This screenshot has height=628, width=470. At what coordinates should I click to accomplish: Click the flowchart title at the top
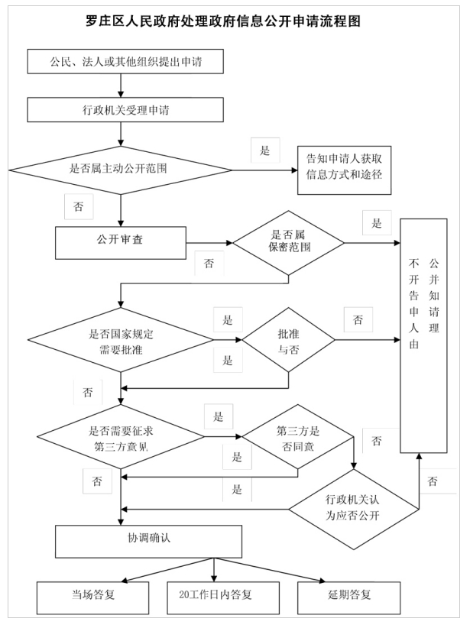coord(223,21)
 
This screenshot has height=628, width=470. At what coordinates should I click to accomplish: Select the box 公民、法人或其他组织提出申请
coord(125,61)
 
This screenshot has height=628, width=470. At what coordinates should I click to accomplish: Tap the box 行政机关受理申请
coord(125,110)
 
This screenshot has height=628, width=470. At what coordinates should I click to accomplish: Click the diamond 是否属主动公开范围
coord(121,170)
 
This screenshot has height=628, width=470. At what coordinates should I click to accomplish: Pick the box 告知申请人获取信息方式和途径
coord(344,170)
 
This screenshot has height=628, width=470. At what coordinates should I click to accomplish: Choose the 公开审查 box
coord(121,243)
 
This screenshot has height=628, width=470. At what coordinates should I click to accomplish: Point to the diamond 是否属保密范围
coord(288,243)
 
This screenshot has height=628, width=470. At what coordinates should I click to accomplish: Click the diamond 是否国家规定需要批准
coord(121,340)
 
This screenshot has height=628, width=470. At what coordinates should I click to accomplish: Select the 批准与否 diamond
coord(288,340)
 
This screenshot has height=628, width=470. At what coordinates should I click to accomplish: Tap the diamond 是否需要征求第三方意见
coord(121,436)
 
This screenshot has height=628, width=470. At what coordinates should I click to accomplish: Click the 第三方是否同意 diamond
coord(298,436)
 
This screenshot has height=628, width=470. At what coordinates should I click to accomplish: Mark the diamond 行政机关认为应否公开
coord(354,509)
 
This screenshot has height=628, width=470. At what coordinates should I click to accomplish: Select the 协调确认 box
coord(149,542)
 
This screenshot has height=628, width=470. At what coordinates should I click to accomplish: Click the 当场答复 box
coord(93,598)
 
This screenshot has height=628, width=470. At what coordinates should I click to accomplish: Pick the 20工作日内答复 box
coord(223,598)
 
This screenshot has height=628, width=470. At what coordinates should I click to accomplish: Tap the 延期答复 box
coord(349,598)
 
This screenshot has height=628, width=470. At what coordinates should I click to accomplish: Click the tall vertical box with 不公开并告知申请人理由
coord(423,335)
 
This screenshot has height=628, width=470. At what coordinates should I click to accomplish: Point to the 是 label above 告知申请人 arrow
coord(265,151)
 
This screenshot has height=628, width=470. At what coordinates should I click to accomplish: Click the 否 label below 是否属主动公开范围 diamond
coord(79,207)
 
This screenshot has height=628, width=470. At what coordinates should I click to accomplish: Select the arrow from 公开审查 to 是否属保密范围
coord(209,243)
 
